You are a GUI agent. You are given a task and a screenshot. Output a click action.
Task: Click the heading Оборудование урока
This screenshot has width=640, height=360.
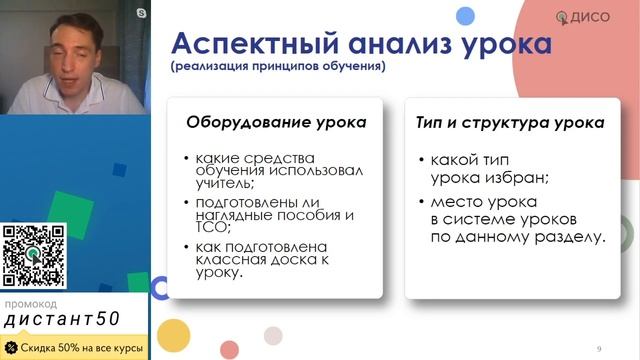coord(276,123)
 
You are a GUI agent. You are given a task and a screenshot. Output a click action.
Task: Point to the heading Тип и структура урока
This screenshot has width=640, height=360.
coord(509,123)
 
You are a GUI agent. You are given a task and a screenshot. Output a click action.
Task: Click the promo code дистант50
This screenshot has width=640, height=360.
coord(62,320)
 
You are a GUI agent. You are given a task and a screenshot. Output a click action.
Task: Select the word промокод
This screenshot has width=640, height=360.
coord(30,303)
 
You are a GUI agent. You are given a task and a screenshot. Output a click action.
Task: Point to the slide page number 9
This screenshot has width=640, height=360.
coord(599,348)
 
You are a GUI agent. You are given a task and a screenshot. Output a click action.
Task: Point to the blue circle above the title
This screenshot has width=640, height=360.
coord(464,14)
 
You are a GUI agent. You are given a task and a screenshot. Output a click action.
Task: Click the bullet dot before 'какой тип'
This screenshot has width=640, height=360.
coord(421,160)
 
